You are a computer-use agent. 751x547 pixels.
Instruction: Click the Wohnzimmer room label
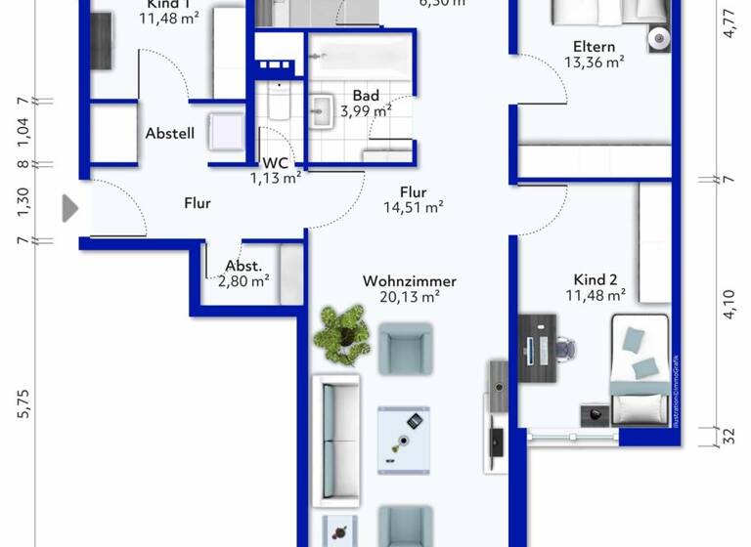point(409,281)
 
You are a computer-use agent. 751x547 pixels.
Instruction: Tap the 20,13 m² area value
point(409,298)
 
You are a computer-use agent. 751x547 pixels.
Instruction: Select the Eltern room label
point(595,45)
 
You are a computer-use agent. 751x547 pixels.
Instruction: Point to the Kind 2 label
point(595,278)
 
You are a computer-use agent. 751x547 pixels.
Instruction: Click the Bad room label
point(366,96)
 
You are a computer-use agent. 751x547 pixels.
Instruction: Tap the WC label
point(275,162)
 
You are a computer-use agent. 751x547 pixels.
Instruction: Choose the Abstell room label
point(170,134)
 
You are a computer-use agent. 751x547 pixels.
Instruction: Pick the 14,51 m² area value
point(415,206)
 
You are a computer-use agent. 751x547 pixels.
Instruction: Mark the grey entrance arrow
point(69,207)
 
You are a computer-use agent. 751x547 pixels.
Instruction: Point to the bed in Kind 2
point(640,366)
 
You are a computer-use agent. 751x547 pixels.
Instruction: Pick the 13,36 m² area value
point(595,62)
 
